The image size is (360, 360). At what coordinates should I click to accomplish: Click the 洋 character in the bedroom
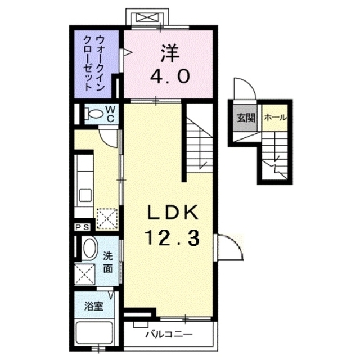coord(169,53)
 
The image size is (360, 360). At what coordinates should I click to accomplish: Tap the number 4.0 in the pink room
coord(169,76)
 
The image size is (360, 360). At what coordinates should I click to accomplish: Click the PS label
coord(82,227)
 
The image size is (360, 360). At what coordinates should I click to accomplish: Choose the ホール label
coord(275,118)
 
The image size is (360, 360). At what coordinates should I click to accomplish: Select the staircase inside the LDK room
coord(198,143)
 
